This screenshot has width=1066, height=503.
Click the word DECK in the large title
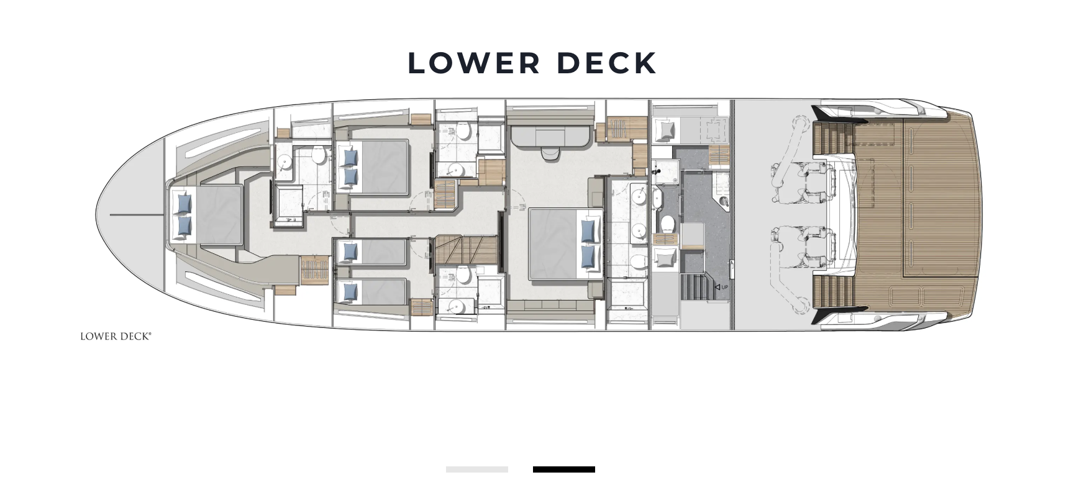[x=606, y=63]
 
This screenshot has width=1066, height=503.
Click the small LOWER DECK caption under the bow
[x=116, y=337]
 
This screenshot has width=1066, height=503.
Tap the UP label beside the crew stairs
[x=724, y=287]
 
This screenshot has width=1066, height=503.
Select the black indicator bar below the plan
[x=564, y=469]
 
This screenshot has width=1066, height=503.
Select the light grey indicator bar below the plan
[x=477, y=469]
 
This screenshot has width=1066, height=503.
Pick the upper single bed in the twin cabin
[x=371, y=252]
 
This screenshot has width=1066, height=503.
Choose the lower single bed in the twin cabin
[x=371, y=291]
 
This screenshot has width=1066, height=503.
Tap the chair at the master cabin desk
[x=550, y=153]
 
